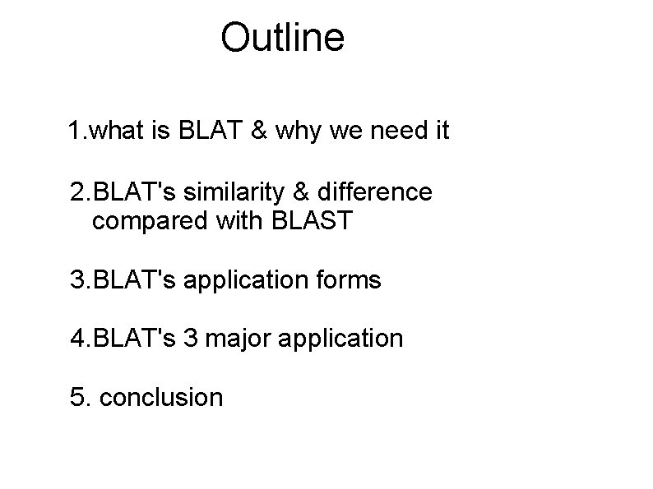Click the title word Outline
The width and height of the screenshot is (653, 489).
point(282,38)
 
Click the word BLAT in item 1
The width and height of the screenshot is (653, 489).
point(220,131)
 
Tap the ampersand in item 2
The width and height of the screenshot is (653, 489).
point(303,192)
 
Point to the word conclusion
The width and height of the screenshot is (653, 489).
point(161,398)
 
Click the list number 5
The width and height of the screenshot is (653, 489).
point(78,398)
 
